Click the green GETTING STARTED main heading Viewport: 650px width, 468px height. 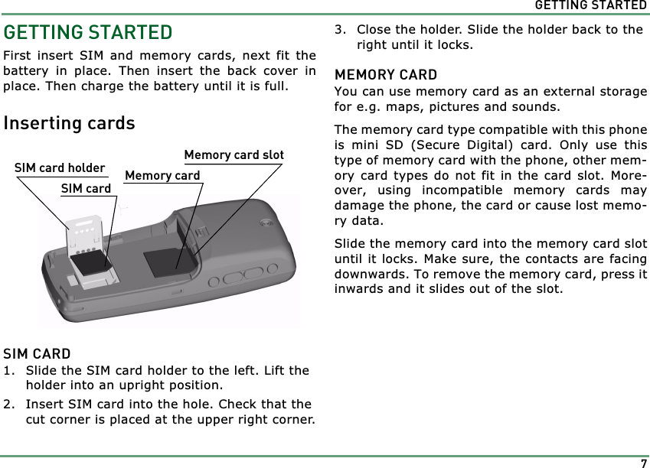(x=88, y=33)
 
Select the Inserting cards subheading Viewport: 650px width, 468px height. (x=69, y=123)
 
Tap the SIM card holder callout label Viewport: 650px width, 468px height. (x=60, y=168)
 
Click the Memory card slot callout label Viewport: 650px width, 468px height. (x=234, y=155)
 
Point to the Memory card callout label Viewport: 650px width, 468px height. (x=162, y=176)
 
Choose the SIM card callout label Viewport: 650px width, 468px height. (x=86, y=188)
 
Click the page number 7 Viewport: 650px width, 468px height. (x=643, y=463)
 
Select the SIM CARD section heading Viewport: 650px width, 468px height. (x=37, y=354)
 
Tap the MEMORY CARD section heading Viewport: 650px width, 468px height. (x=386, y=75)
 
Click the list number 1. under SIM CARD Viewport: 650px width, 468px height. (x=9, y=371)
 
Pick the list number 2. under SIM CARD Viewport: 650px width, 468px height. (x=9, y=405)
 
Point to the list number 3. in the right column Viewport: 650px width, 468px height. (x=341, y=31)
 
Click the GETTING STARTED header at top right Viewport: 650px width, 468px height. (x=590, y=5)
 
